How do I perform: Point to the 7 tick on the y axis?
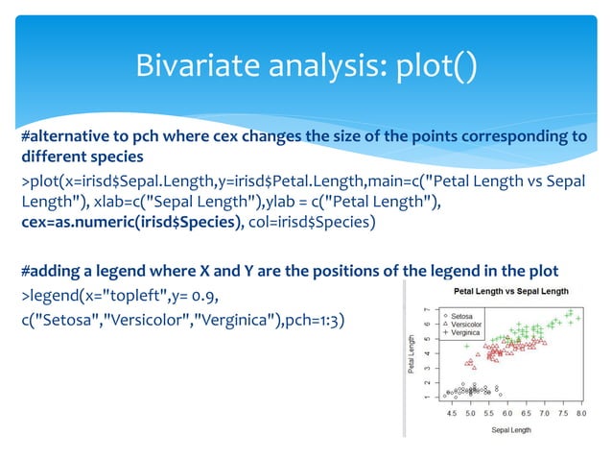click(429, 309)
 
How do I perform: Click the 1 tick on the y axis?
click(429, 396)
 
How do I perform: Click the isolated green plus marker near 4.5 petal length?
click(467, 346)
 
